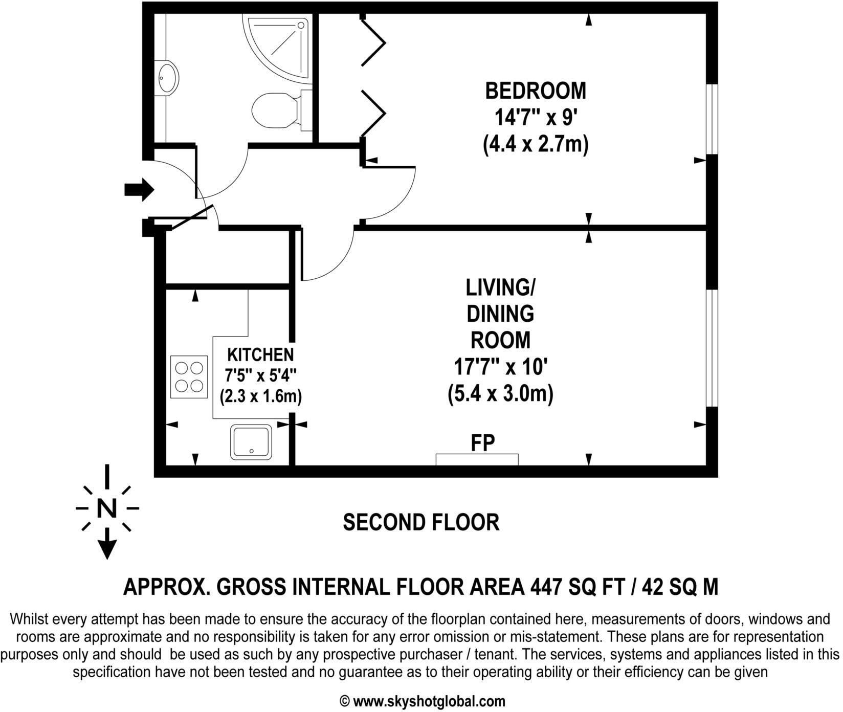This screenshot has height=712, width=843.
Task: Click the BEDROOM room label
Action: (x=535, y=91)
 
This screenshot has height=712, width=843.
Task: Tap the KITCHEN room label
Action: (x=260, y=354)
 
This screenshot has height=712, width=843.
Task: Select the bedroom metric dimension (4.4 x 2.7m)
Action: (x=535, y=145)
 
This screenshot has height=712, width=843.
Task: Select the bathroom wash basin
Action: (x=168, y=78)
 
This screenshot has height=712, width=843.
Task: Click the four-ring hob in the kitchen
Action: (x=189, y=377)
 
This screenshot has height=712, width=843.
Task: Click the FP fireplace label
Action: (x=482, y=443)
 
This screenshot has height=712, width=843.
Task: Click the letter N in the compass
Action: (x=106, y=508)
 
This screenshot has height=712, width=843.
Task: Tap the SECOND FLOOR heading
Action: (x=420, y=523)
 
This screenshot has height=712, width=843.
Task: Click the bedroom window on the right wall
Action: (x=711, y=119)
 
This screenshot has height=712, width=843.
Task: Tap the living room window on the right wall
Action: (x=711, y=348)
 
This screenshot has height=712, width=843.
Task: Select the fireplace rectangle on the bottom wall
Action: (x=477, y=459)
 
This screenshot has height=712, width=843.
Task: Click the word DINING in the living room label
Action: (x=500, y=313)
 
